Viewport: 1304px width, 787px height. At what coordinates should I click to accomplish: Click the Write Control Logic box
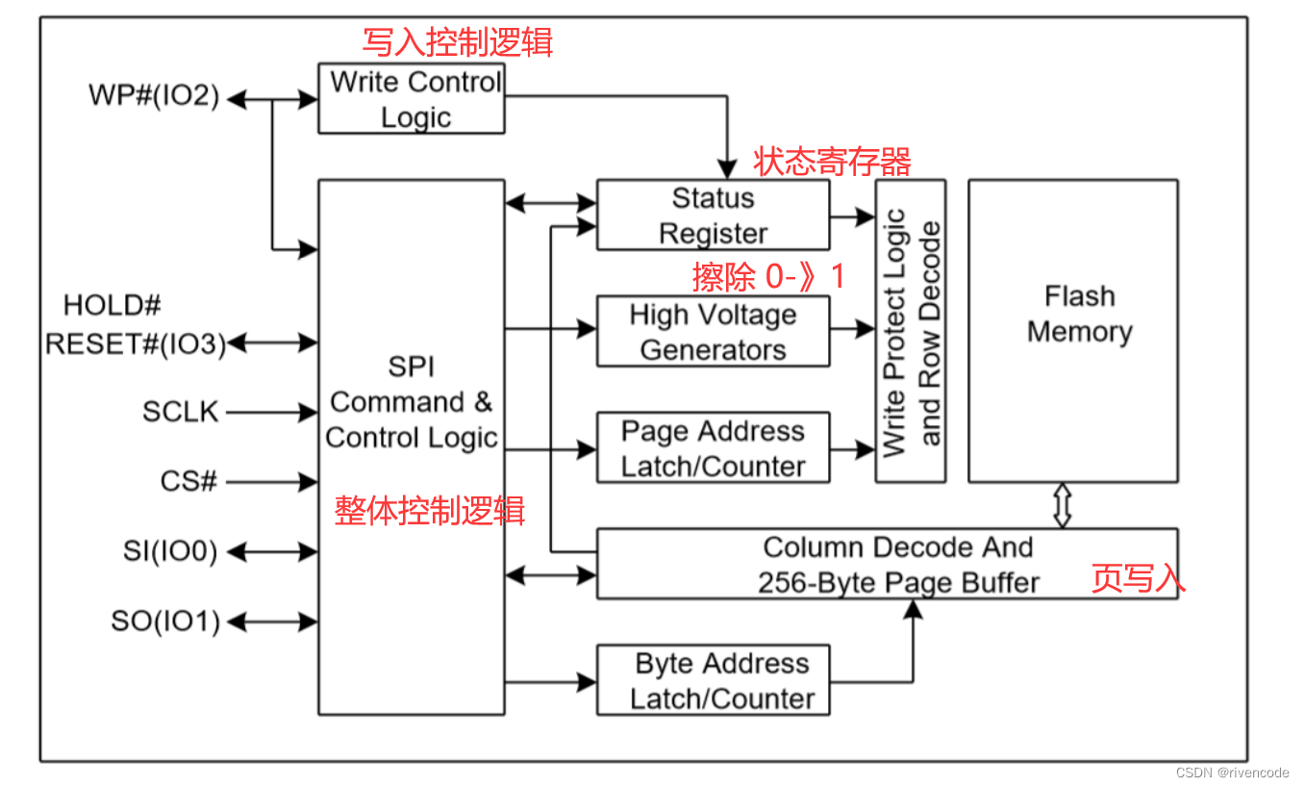point(412,99)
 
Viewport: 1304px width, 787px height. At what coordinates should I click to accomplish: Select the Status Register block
point(713,216)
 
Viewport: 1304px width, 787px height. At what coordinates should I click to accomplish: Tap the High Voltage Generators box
point(713,332)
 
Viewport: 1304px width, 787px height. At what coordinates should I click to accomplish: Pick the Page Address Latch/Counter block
point(713,448)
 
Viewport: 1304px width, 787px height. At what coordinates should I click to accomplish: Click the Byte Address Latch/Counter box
point(713,680)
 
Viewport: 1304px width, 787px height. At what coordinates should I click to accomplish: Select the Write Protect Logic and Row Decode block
point(910,331)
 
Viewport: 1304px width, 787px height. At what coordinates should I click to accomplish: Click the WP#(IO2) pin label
point(154,96)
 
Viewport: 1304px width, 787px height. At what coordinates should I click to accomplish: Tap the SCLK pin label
point(181,413)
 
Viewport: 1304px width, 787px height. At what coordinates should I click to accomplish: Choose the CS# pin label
point(188,481)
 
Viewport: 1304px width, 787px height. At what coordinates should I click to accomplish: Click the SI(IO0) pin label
point(170,551)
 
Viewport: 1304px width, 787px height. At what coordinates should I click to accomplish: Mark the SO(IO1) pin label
point(165,622)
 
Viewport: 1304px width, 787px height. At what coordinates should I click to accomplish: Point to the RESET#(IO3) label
point(135,343)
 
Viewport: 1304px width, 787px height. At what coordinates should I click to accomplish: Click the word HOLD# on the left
point(112,306)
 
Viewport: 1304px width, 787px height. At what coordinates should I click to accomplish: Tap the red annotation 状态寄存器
point(832,161)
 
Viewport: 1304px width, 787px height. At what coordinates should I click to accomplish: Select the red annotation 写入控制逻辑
point(458,42)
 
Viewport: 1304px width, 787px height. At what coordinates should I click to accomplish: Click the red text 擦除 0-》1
point(768,277)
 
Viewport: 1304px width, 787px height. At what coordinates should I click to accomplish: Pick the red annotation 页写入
point(1138,577)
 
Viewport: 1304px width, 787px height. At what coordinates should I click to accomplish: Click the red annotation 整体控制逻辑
point(430,510)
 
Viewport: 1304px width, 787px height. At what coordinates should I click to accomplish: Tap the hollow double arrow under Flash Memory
point(1062,505)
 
